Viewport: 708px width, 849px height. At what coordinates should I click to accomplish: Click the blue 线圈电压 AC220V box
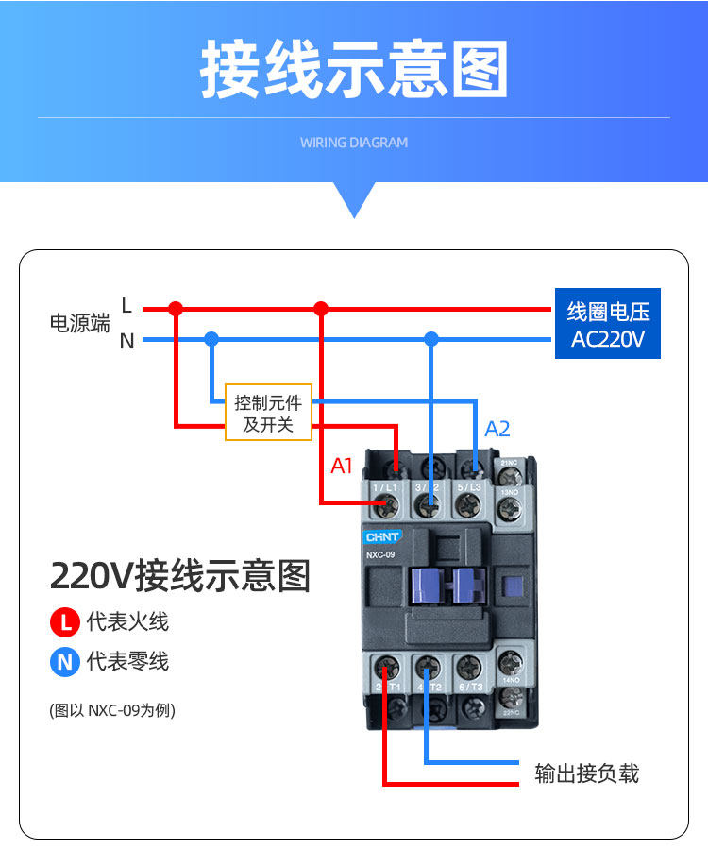click(x=607, y=324)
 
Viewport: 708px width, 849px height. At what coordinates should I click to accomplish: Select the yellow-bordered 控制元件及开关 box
click(x=268, y=413)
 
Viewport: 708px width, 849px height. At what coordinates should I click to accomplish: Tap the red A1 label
click(x=341, y=465)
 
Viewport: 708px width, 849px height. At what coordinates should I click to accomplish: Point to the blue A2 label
click(x=497, y=430)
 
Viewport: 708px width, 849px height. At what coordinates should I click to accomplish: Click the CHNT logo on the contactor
click(x=383, y=536)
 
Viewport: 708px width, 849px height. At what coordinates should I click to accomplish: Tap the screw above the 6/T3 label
click(x=469, y=666)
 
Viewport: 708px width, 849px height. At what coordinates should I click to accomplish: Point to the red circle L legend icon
click(x=64, y=622)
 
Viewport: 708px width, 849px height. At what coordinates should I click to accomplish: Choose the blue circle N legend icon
click(x=64, y=662)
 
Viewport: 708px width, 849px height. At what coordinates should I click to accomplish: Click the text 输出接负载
click(x=586, y=774)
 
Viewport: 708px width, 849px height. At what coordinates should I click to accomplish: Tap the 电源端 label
click(x=79, y=324)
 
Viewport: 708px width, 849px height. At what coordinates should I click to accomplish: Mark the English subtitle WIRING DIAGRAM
click(x=354, y=143)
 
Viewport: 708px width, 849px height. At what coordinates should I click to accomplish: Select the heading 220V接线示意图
click(x=179, y=574)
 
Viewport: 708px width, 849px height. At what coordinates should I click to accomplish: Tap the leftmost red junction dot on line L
click(x=176, y=308)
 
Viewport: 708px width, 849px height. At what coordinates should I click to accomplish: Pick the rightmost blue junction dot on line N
click(x=431, y=338)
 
